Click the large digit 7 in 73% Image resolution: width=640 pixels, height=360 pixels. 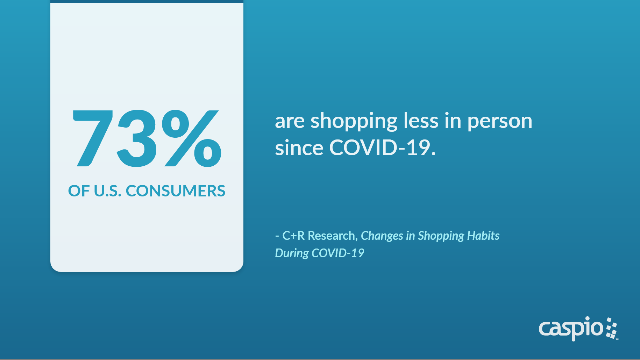tap(93, 138)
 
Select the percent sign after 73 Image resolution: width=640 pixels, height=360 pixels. tap(191, 138)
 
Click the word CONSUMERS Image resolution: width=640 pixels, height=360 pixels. tap(176, 191)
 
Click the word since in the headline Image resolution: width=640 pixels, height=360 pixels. tap(299, 147)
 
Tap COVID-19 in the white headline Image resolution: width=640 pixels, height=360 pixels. tap(383, 147)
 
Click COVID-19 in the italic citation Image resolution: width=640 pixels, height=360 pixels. tap(338, 253)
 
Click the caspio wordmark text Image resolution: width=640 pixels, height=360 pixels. tap(571, 329)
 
